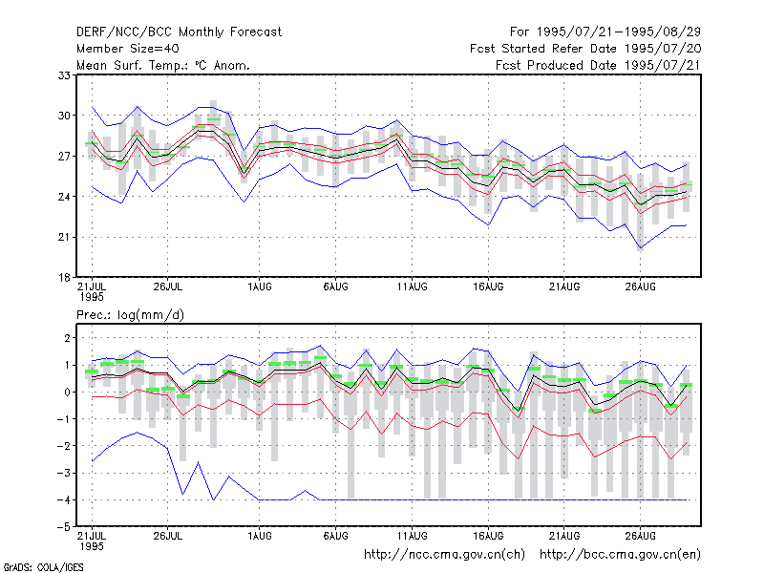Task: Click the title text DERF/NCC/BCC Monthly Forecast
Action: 179,32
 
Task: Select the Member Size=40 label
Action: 128,49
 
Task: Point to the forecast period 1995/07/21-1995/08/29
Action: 618,32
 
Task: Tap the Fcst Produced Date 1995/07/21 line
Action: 598,65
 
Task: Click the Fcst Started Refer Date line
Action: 585,49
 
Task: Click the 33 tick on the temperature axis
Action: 64,75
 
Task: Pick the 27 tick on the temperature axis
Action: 64,157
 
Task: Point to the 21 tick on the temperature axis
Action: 64,237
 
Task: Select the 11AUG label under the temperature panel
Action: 413,287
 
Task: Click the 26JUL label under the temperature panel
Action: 168,287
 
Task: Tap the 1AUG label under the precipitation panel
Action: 259,537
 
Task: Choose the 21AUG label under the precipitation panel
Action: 564,537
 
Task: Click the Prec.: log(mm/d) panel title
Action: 130,315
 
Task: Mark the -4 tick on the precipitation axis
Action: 64,500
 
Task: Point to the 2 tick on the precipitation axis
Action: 67,338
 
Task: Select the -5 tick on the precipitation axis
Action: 64,527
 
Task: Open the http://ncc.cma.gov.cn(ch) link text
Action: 444,555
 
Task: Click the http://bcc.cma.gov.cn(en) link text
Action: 620,555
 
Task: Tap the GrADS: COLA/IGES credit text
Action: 44,567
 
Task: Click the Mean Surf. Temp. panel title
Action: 163,65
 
